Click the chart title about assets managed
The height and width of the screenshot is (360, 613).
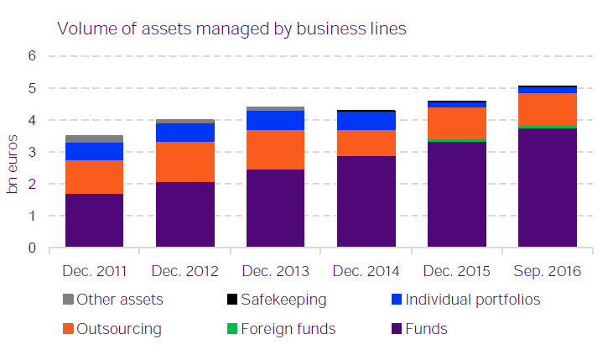tap(231, 28)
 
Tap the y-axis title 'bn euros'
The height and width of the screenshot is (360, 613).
tap(13, 164)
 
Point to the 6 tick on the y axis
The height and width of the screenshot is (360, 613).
tap(33, 56)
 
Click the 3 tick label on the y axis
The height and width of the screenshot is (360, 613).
tap(33, 152)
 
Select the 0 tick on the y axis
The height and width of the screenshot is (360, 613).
tap(33, 248)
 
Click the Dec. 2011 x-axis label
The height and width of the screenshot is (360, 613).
tap(94, 271)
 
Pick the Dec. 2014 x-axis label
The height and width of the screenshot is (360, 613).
tap(366, 271)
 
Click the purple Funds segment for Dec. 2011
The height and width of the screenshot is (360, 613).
tap(94, 221)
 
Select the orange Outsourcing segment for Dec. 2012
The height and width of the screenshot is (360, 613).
tap(184, 162)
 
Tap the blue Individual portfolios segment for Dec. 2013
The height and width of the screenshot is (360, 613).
tap(275, 120)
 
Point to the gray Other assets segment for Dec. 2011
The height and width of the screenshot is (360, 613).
tap(94, 138)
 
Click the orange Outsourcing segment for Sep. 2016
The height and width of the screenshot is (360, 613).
tap(547, 109)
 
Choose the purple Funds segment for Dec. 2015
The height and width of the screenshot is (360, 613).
tap(456, 195)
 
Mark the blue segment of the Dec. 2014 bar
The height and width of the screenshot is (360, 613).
tap(366, 121)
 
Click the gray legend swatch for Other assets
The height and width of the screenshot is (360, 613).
tap(67, 299)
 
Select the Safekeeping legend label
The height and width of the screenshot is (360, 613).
tap(283, 299)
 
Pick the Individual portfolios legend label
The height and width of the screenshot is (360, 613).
tap(472, 299)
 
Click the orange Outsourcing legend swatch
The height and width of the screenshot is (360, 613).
tap(67, 328)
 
